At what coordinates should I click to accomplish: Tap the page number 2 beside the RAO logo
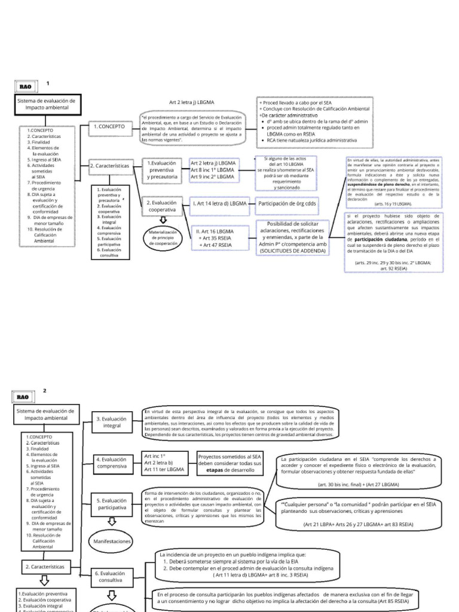click(44, 390)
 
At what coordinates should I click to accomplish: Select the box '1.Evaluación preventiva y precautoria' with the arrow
click(161, 170)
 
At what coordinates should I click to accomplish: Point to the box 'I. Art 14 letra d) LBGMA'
click(219, 203)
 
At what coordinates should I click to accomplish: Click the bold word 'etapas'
click(215, 471)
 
